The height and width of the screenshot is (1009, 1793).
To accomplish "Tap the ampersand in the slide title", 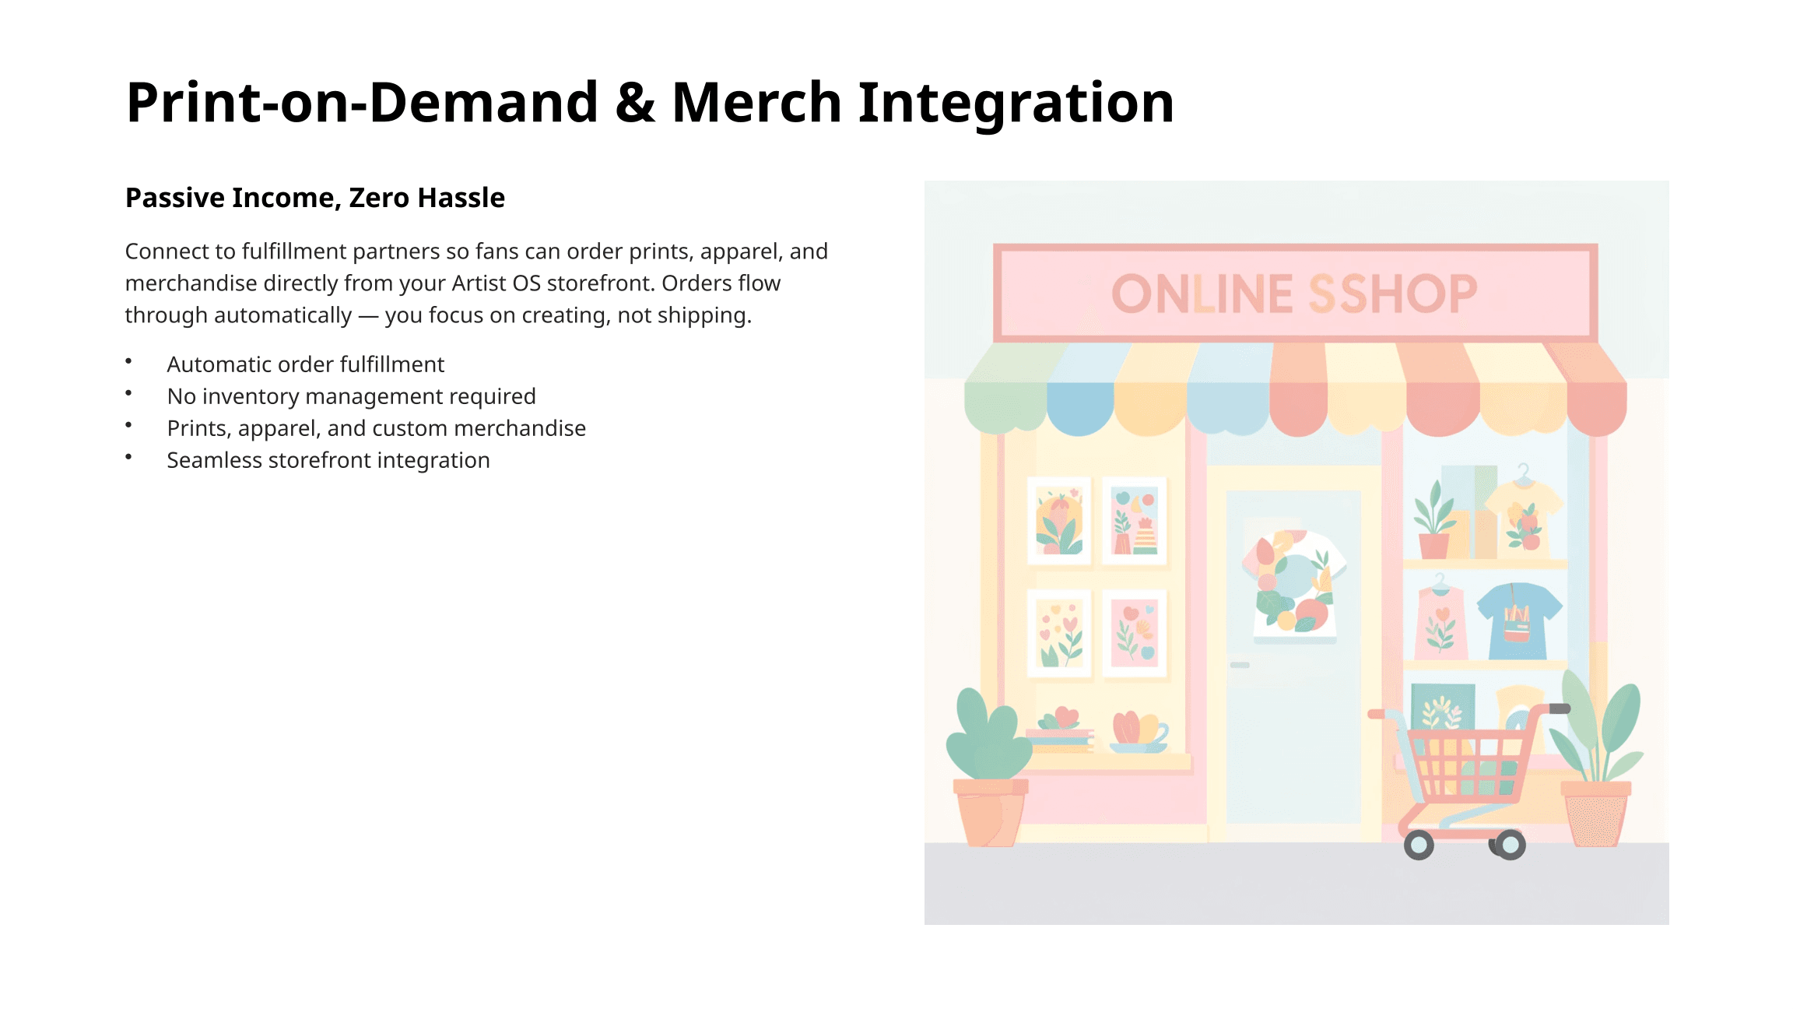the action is pyautogui.click(x=635, y=103).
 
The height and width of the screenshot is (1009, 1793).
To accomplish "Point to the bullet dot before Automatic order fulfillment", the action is pyautogui.click(x=128, y=360).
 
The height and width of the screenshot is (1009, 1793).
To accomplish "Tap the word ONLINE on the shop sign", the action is pyautogui.click(x=1202, y=294).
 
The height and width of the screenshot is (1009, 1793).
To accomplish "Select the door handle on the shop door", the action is pyautogui.click(x=1240, y=665).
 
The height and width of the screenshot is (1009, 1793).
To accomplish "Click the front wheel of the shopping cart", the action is pyautogui.click(x=1419, y=845).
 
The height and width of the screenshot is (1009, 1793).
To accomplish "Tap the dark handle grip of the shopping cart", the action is pyautogui.click(x=1559, y=708).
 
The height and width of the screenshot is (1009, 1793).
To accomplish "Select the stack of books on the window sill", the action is pyautogui.click(x=1060, y=740).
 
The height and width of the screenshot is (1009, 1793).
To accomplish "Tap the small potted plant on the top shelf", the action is pyautogui.click(x=1433, y=520).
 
